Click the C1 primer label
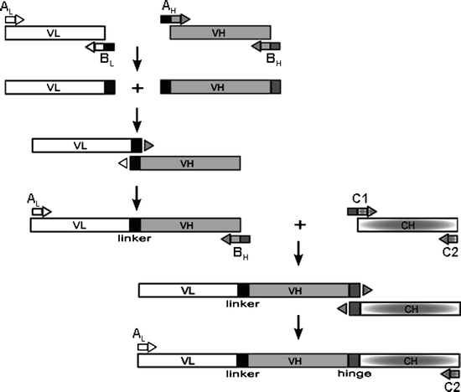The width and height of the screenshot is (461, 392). pos(360,199)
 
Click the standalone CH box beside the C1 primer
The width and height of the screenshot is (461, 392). pos(407,224)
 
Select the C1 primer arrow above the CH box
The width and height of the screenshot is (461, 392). pos(362,211)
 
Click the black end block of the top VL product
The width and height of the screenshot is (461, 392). pos(109,87)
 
